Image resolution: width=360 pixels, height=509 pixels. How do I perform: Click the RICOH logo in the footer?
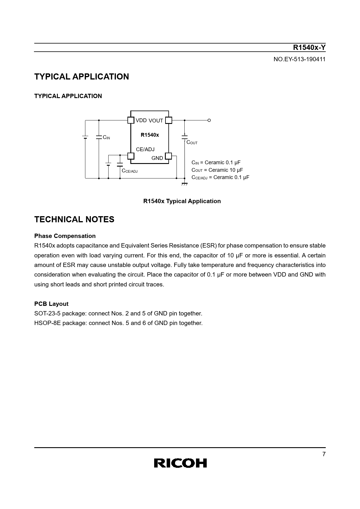pyautogui.click(x=180, y=463)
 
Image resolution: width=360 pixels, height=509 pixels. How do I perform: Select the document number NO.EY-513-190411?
pyautogui.click(x=299, y=59)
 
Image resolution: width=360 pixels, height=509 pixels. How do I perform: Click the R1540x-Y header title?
pyautogui.click(x=309, y=48)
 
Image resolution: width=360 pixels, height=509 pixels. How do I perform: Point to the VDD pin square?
pyautogui.click(x=131, y=120)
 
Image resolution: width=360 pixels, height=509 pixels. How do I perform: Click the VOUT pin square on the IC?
pyautogui.click(x=169, y=120)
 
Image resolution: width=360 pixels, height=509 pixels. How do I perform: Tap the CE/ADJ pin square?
pyautogui.click(x=131, y=156)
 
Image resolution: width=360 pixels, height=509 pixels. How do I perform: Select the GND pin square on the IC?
pyautogui.click(x=168, y=156)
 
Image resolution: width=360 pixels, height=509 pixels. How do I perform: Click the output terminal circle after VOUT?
pyautogui.click(x=209, y=120)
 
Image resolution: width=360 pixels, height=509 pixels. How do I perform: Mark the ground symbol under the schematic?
pyautogui.click(x=184, y=184)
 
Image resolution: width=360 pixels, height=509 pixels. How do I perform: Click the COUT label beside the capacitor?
pyautogui.click(x=192, y=142)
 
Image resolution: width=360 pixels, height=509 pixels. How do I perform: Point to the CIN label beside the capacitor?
pyautogui.click(x=106, y=137)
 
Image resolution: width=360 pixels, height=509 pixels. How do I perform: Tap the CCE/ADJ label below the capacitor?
pyautogui.click(x=129, y=171)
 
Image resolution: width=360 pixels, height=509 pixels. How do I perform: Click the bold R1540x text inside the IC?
pyautogui.click(x=150, y=135)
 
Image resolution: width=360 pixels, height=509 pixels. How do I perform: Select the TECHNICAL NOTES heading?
pyautogui.click(x=74, y=219)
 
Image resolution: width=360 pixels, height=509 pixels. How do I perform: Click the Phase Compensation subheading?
pyautogui.click(x=65, y=236)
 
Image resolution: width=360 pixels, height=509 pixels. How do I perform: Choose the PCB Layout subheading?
pyautogui.click(x=51, y=304)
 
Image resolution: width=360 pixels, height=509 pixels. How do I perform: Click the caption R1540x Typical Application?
pyautogui.click(x=182, y=201)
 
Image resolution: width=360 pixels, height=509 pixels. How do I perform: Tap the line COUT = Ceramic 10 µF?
pyautogui.click(x=217, y=170)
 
